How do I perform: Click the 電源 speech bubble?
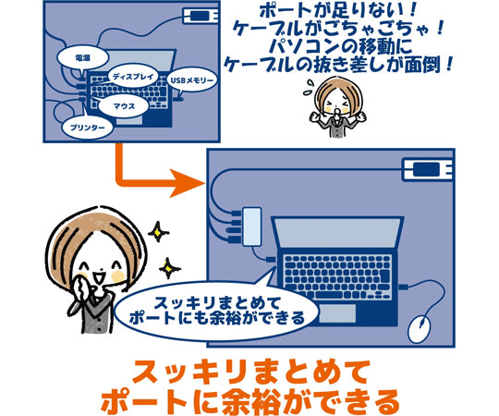pyautogui.click(x=83, y=58)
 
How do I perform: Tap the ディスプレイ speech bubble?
pyautogui.click(x=133, y=77)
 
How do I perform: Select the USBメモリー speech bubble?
pyautogui.click(x=192, y=80)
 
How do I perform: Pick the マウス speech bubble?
pyautogui.click(x=124, y=106)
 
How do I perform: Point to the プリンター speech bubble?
pyautogui.click(x=88, y=128)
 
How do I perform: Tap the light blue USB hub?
pyautogui.click(x=252, y=226)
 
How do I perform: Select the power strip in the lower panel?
pyautogui.click(x=428, y=169)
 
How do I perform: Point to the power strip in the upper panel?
pyautogui.click(x=201, y=16)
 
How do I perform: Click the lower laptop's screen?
pyautogui.click(x=338, y=234)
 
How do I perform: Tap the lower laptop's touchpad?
pyautogui.click(x=336, y=313)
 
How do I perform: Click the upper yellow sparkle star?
pyautogui.click(x=158, y=232)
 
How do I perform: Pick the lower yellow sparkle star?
pyautogui.click(x=169, y=268)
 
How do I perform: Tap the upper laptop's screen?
pyautogui.click(x=138, y=62)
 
